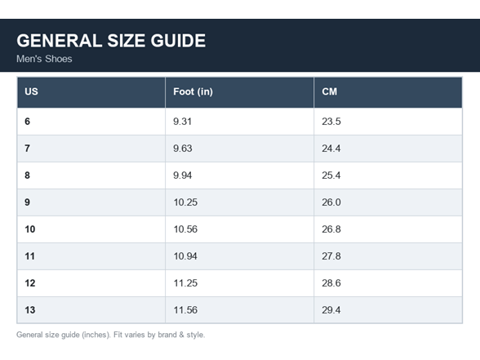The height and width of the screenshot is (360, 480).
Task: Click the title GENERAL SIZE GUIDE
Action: coord(111,41)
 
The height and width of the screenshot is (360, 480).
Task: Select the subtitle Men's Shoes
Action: coord(44,59)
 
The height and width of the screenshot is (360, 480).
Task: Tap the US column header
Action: coord(31,91)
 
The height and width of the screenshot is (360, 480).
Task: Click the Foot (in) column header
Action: coord(193,91)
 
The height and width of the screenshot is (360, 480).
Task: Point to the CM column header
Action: coord(330,91)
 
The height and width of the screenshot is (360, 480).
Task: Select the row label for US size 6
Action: coord(27,122)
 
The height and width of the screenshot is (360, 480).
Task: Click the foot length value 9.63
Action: coord(183,149)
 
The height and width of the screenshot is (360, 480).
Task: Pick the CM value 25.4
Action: coord(331,176)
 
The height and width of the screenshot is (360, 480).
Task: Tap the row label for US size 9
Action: coord(27,202)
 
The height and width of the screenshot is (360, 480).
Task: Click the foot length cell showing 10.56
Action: coord(185,229)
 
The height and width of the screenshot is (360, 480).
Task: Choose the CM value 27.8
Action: coord(331,256)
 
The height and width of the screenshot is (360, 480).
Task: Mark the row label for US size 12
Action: coord(30,283)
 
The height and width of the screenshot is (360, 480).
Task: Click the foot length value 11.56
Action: coord(185,310)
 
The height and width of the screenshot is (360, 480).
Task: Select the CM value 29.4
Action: coord(331,310)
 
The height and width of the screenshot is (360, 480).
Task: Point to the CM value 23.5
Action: coord(331,122)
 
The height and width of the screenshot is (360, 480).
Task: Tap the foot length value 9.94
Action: coord(183,176)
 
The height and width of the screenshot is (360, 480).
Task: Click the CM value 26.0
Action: coord(331,202)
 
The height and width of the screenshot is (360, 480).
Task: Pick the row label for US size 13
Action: coord(30,310)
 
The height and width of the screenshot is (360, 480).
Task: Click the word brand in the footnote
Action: coord(167,335)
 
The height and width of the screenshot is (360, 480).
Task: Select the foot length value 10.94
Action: coord(185,256)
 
